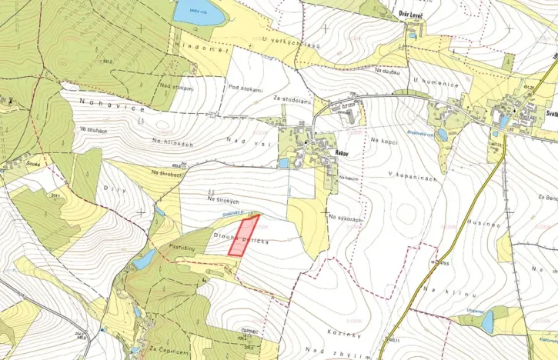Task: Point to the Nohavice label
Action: point(115,108)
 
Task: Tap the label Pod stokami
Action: point(246,88)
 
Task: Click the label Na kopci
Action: point(385,140)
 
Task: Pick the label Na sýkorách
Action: point(344,219)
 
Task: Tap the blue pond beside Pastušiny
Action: point(143,260)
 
